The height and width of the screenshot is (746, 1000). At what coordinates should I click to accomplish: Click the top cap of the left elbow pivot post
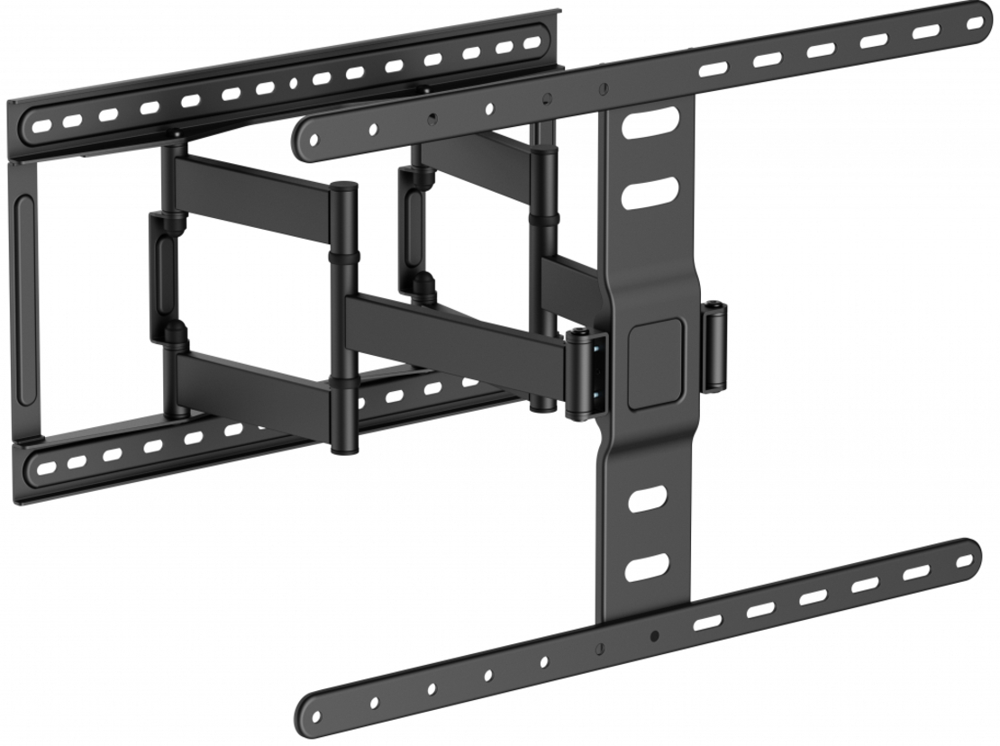[343, 189]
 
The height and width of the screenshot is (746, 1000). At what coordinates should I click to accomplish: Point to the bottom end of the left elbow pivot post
[342, 448]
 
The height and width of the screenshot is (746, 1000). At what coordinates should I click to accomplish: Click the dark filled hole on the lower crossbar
[654, 636]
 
